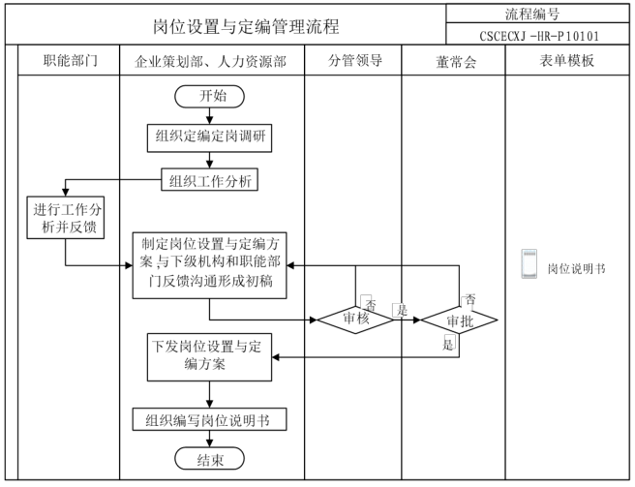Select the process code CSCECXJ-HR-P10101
pyautogui.click(x=540, y=36)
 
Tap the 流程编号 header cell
pyautogui.click(x=540, y=14)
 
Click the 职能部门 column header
pyautogui.click(x=69, y=61)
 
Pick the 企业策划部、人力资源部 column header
pyautogui.click(x=211, y=61)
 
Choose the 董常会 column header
pyautogui.click(x=453, y=61)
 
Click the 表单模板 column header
pyautogui.click(x=567, y=61)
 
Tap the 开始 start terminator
pyautogui.click(x=209, y=96)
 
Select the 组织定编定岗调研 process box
pyautogui.click(x=209, y=137)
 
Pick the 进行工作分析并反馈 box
pyautogui.click(x=67, y=218)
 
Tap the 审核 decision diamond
pyautogui.click(x=354, y=318)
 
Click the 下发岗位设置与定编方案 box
pyautogui.click(x=209, y=355)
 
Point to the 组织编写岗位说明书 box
pyautogui.click(x=209, y=420)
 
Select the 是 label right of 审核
pyautogui.click(x=400, y=310)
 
